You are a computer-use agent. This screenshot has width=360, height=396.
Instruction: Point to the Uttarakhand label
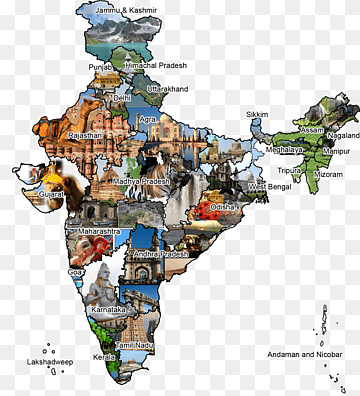point(167,89)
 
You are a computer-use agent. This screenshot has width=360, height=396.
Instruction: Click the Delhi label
point(122,99)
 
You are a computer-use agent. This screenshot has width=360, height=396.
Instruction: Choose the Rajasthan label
point(85,135)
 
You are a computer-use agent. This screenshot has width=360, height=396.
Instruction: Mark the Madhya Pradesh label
point(141,181)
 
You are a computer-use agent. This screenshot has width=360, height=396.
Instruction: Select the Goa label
point(76,272)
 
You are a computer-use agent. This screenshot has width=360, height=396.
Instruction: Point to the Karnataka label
point(111,310)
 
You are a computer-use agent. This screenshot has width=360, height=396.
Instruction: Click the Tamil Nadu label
point(133,345)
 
